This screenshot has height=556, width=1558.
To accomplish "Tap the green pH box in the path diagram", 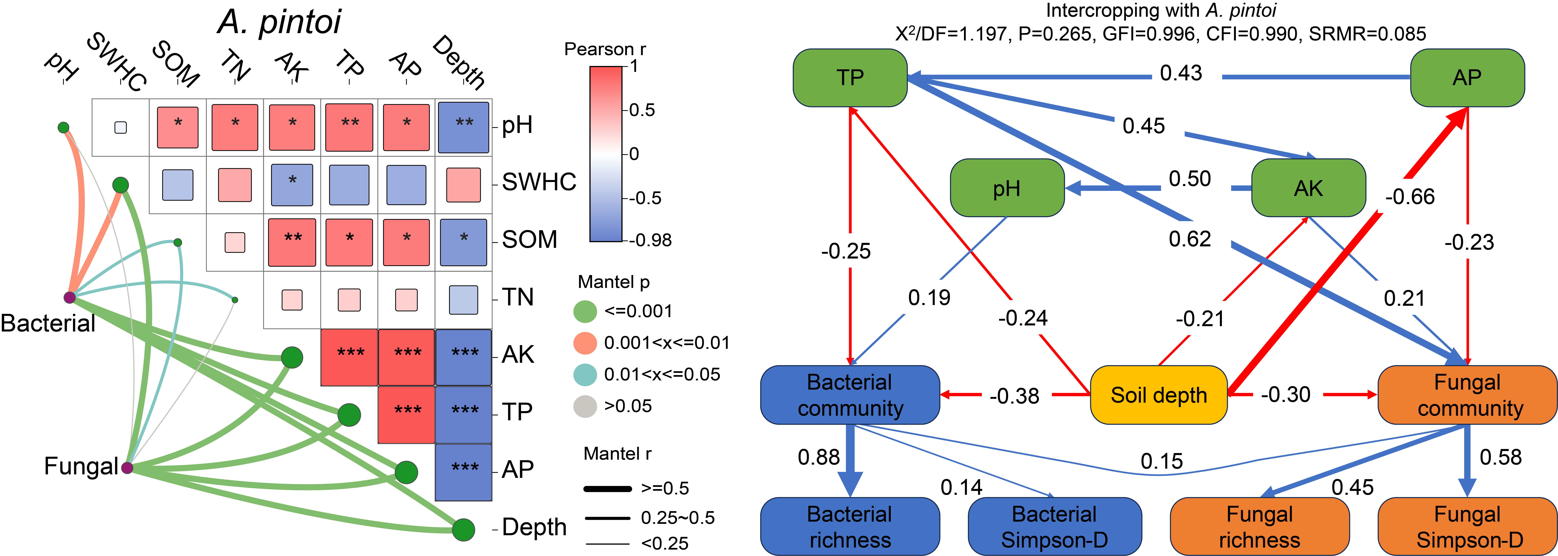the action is point(1007,188).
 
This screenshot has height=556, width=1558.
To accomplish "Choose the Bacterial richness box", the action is point(850,526).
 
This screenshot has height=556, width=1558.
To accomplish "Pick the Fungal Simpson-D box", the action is point(1467,526).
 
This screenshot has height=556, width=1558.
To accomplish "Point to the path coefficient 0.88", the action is point(818,457).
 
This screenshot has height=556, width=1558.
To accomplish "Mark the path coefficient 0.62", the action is point(1190,239).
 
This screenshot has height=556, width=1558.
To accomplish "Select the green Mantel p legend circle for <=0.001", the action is point(585,311).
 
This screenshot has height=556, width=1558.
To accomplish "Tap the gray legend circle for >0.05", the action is point(585,406).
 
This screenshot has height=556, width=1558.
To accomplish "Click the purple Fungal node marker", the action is point(127,468).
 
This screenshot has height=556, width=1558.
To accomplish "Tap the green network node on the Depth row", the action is point(463,530).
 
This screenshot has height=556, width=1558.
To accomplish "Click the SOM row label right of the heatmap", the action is point(529,240).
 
